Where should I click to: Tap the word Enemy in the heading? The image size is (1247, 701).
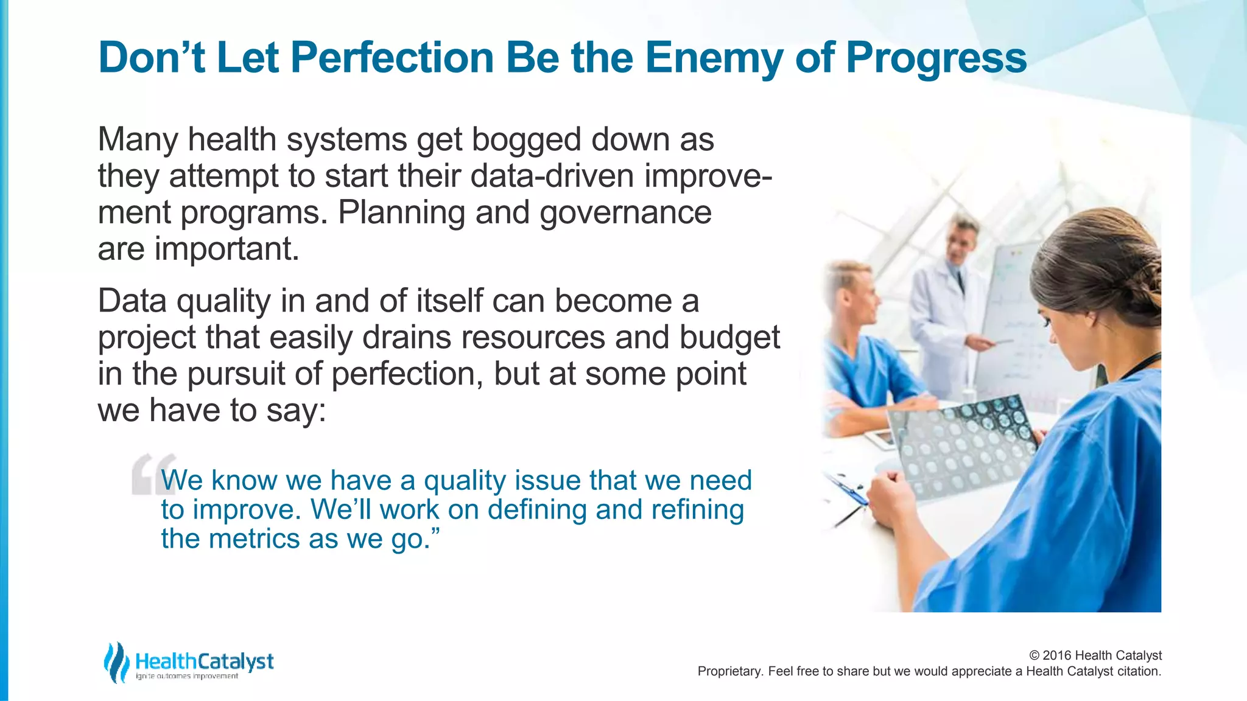pyautogui.click(x=714, y=58)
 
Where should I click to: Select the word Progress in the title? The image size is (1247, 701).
pyautogui.click(x=936, y=58)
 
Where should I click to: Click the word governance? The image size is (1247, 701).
pyautogui.click(x=625, y=212)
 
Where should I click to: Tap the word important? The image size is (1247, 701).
pyautogui.click(x=227, y=249)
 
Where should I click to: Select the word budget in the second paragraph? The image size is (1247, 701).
pyautogui.click(x=729, y=338)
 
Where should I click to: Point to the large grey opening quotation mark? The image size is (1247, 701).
pyautogui.click(x=153, y=474)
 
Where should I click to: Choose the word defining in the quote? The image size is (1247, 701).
pyautogui.click(x=535, y=509)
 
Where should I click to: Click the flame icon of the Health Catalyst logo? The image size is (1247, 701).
pyautogui.click(x=116, y=662)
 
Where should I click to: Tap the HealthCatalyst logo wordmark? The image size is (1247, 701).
pyautogui.click(x=204, y=661)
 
